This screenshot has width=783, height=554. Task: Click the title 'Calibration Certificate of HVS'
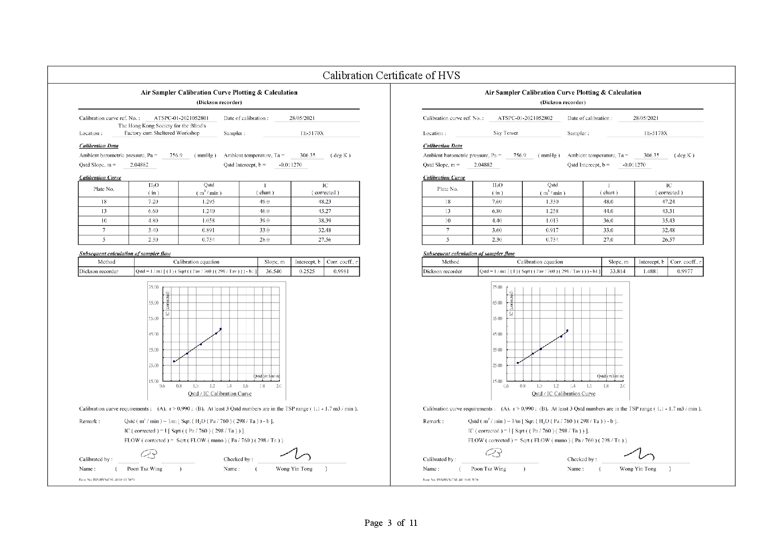coord(391,75)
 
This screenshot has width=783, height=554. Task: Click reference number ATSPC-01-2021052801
coord(181,118)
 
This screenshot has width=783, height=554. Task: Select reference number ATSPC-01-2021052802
coord(525,118)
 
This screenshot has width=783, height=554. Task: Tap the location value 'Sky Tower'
coord(505,133)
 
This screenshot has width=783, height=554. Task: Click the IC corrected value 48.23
coord(325,201)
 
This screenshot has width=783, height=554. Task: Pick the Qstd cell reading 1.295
coord(208,201)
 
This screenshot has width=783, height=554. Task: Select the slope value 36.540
coord(274,271)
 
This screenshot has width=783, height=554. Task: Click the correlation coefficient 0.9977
coord(685,271)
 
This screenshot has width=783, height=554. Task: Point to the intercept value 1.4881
coord(651,271)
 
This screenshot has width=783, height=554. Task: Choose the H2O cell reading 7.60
coord(497,201)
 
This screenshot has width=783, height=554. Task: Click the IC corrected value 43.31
coord(668,211)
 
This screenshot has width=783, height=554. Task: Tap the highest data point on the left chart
coord(221,329)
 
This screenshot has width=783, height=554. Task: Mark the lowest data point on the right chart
coord(518,363)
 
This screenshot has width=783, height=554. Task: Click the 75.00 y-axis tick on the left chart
coord(153,287)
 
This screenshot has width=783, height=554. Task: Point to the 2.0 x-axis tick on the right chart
coord(622,386)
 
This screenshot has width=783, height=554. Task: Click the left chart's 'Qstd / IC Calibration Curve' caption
coord(220,394)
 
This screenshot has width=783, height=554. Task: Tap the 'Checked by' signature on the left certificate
coord(296,455)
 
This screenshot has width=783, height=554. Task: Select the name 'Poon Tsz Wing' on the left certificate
coord(145,469)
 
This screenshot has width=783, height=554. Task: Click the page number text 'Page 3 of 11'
coord(391,523)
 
